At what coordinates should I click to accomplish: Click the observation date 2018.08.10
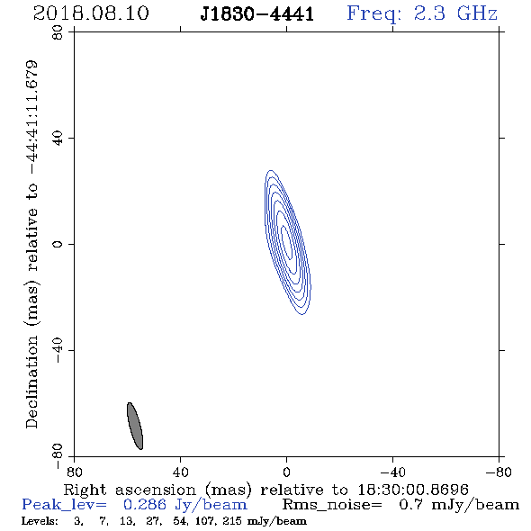[91, 13]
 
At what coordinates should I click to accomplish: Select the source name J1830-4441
[257, 14]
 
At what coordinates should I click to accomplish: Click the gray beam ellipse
[135, 426]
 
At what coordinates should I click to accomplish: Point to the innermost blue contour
[286, 243]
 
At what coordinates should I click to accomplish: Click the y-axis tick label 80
[58, 32]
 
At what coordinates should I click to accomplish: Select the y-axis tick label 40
[58, 139]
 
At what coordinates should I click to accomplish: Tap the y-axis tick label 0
[58, 244]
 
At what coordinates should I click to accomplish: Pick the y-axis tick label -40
[58, 350]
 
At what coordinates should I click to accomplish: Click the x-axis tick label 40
[181, 472]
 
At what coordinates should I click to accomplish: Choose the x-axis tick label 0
[286, 472]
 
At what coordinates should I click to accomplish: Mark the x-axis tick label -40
[392, 472]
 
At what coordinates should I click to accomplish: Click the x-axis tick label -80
[499, 472]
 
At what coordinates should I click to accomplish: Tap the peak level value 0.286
[144, 505]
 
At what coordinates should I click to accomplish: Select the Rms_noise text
[332, 505]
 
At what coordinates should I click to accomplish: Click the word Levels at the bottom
[40, 521]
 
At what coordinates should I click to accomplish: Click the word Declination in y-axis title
[31, 382]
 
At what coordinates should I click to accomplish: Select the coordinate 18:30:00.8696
[413, 490]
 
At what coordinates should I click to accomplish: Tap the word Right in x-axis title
[85, 490]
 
